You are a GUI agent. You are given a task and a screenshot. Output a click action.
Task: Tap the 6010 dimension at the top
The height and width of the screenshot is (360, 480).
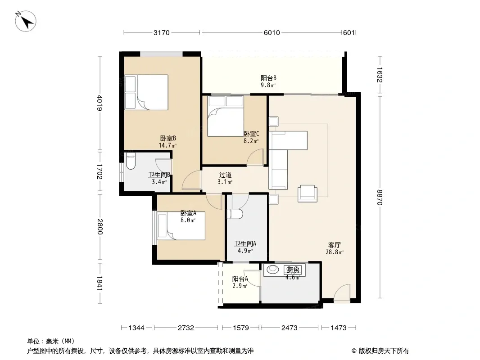coord(272,32)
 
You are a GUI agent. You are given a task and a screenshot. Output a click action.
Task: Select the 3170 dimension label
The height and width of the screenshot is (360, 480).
coord(161,32)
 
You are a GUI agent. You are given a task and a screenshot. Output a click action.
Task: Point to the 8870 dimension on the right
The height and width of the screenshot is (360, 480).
coord(380,198)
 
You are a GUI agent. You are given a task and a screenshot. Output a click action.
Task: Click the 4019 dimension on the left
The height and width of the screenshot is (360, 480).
coord(100,103)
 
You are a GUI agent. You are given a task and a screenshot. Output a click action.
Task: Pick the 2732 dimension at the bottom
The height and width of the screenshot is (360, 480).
coord(186,328)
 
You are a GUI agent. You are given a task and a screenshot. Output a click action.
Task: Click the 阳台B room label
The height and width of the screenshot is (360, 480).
coord(268,78)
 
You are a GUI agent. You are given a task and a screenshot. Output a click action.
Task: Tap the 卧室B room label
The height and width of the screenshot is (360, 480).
coord(168,139)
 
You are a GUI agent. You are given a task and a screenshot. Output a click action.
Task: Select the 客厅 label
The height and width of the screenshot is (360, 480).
coord(334,245)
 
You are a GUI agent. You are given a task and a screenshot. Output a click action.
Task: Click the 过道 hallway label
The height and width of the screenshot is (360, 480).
coord(225,175)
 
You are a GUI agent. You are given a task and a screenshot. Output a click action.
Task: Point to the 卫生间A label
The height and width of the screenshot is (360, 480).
coord(245,244)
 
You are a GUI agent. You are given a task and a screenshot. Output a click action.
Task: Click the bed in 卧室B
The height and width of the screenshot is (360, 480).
coord(146,92)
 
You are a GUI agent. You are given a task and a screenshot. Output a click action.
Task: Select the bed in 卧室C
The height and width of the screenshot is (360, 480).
coord(225,116)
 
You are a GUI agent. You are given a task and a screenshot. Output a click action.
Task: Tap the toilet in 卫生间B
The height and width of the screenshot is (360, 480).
coord(131,161)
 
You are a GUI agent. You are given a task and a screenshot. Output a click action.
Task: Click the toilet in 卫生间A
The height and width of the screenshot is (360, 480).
coord(235,214)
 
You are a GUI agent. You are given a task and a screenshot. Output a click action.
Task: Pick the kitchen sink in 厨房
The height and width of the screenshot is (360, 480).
coord(272,270)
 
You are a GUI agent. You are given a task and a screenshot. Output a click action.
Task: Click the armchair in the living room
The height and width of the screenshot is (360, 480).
coord(308,193)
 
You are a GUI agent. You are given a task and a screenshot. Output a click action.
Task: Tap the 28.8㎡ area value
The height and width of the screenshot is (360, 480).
coord(335,252)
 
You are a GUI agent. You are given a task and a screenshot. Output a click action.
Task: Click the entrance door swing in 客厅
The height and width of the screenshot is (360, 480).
coord(342,292)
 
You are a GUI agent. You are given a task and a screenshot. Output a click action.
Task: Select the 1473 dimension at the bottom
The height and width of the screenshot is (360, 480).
coord(339,328)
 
